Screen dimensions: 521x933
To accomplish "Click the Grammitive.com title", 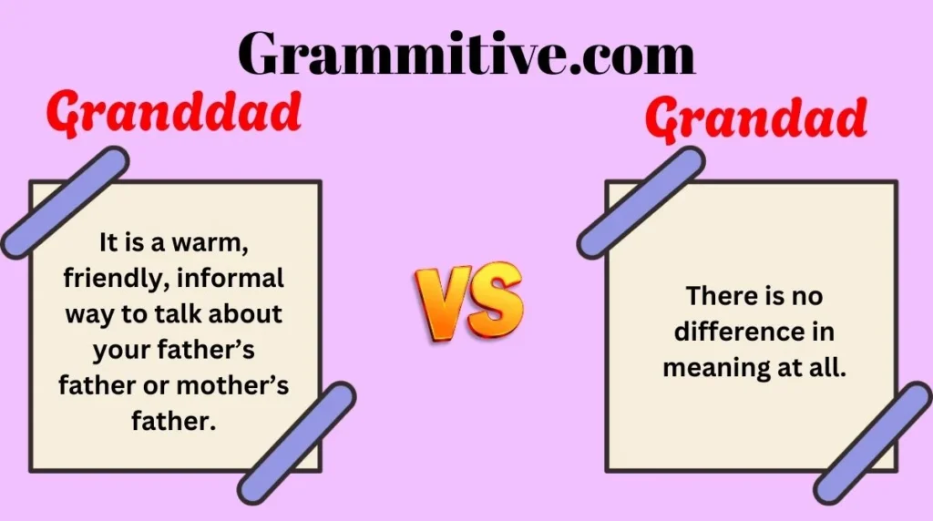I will coord(466,52).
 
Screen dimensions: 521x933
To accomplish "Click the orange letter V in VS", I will coord(444,301).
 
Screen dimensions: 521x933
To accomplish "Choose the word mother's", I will coord(232,385).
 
